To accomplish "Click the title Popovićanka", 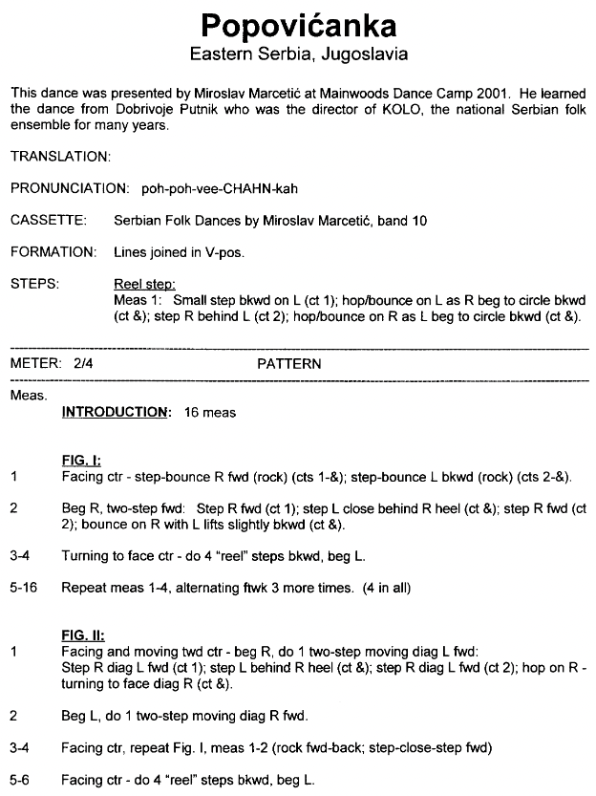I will coord(299,23).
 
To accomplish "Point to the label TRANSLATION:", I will coord(61,155).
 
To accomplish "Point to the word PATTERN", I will coord(288,364).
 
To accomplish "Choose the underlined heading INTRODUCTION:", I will coord(116,412).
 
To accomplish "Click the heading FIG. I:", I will coord(81,459).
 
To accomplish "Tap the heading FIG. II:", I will coord(83,635).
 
